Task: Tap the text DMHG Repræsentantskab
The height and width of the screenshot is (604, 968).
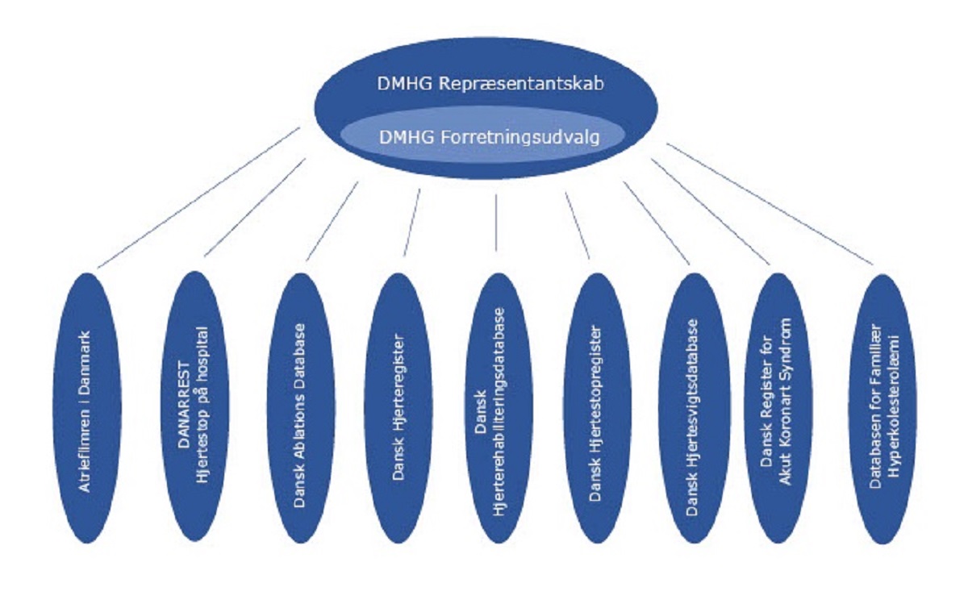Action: click(x=484, y=84)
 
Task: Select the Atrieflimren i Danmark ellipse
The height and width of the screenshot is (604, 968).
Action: click(x=90, y=407)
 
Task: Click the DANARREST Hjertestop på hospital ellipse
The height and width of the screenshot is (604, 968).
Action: click(x=194, y=407)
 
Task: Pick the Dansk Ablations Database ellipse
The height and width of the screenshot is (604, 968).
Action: click(x=300, y=407)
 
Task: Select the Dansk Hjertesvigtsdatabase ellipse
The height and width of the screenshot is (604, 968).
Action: click(x=696, y=407)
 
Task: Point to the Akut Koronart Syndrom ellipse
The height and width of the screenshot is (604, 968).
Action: click(x=781, y=407)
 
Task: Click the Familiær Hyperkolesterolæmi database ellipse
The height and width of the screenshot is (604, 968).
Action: click(x=885, y=407)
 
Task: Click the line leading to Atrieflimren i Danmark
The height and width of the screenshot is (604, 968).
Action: click(x=198, y=198)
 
